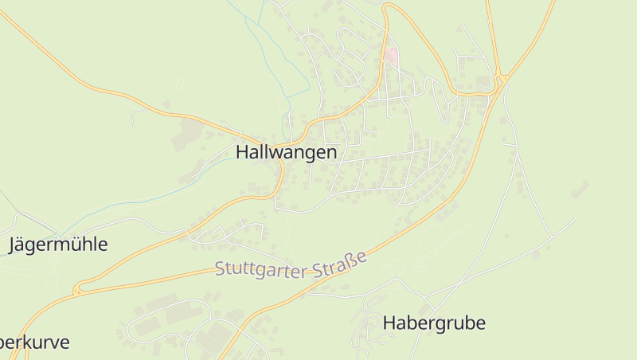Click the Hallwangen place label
286,152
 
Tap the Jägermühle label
57,245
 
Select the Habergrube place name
434,323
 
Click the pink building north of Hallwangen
390,56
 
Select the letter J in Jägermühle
12,245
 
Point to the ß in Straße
353,260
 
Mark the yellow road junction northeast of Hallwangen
501,78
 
